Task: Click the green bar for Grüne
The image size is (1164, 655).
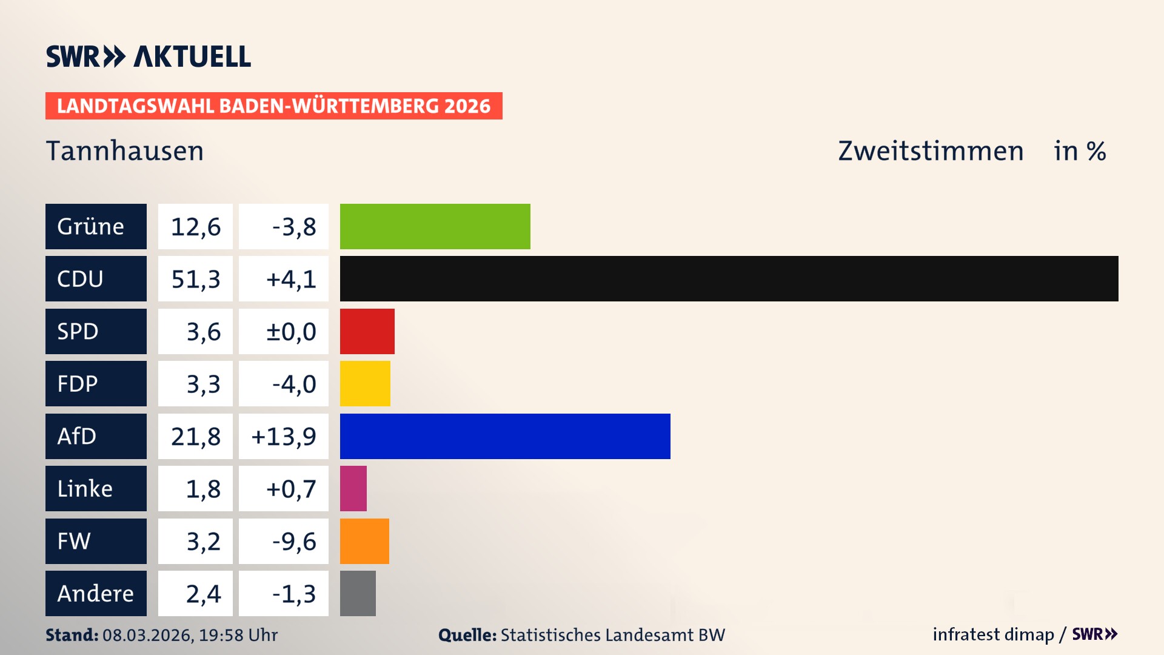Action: coord(435,226)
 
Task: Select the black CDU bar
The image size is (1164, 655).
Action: coord(729,278)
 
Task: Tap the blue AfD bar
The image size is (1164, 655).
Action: coord(505,436)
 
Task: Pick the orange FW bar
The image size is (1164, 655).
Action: coord(364,541)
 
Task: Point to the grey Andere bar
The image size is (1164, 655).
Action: coord(358,593)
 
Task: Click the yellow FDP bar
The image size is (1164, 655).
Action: coord(365,383)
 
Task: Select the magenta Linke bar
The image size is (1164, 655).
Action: coord(353,488)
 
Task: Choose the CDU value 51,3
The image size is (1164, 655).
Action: coord(195,279)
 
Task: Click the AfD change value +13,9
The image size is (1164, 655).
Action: coord(284,436)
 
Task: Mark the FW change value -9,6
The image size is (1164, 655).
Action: coord(293,541)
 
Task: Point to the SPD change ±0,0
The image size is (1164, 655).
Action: coord(291,331)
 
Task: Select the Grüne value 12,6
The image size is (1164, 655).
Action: coord(195,226)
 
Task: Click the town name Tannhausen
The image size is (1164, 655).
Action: coord(125,151)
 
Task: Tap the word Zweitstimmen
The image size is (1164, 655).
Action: coord(931,151)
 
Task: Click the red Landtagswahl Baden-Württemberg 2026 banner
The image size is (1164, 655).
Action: coord(273,106)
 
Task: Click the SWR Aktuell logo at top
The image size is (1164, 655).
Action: coord(149,56)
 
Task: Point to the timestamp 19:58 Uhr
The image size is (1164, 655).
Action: coord(238,635)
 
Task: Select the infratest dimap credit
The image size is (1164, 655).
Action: coord(993,634)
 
